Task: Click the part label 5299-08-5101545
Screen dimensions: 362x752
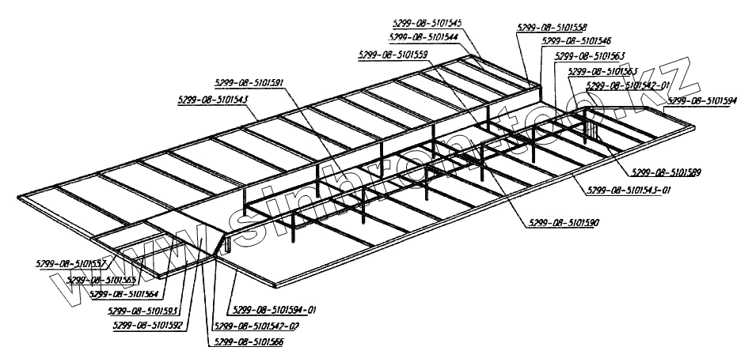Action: (x=427, y=24)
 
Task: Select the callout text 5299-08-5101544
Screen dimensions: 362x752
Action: (x=424, y=36)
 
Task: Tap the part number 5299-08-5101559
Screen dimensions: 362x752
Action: (x=393, y=55)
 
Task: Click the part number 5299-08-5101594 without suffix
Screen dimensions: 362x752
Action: (x=702, y=100)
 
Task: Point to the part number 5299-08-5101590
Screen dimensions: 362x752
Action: (x=561, y=224)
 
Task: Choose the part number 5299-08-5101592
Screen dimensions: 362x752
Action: (x=148, y=324)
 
